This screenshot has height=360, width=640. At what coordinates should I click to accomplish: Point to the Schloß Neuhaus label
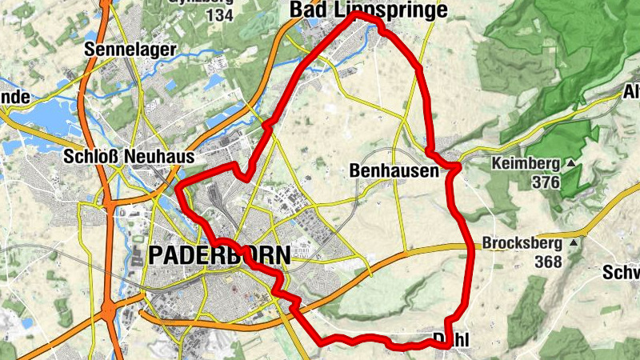click(x=129, y=158)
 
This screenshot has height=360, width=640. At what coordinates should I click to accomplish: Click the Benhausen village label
click(x=394, y=170)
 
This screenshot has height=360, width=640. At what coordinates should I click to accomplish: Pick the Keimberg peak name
click(x=526, y=164)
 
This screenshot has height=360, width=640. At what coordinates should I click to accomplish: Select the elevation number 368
click(x=549, y=262)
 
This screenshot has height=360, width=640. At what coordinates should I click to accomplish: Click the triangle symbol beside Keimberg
click(x=571, y=164)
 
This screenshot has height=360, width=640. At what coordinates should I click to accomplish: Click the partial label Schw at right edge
click(x=623, y=273)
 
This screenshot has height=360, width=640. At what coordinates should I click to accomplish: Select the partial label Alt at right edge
click(x=630, y=94)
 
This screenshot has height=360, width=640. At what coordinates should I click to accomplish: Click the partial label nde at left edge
click(x=14, y=98)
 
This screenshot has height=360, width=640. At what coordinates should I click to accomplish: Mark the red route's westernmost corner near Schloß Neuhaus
click(x=177, y=189)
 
